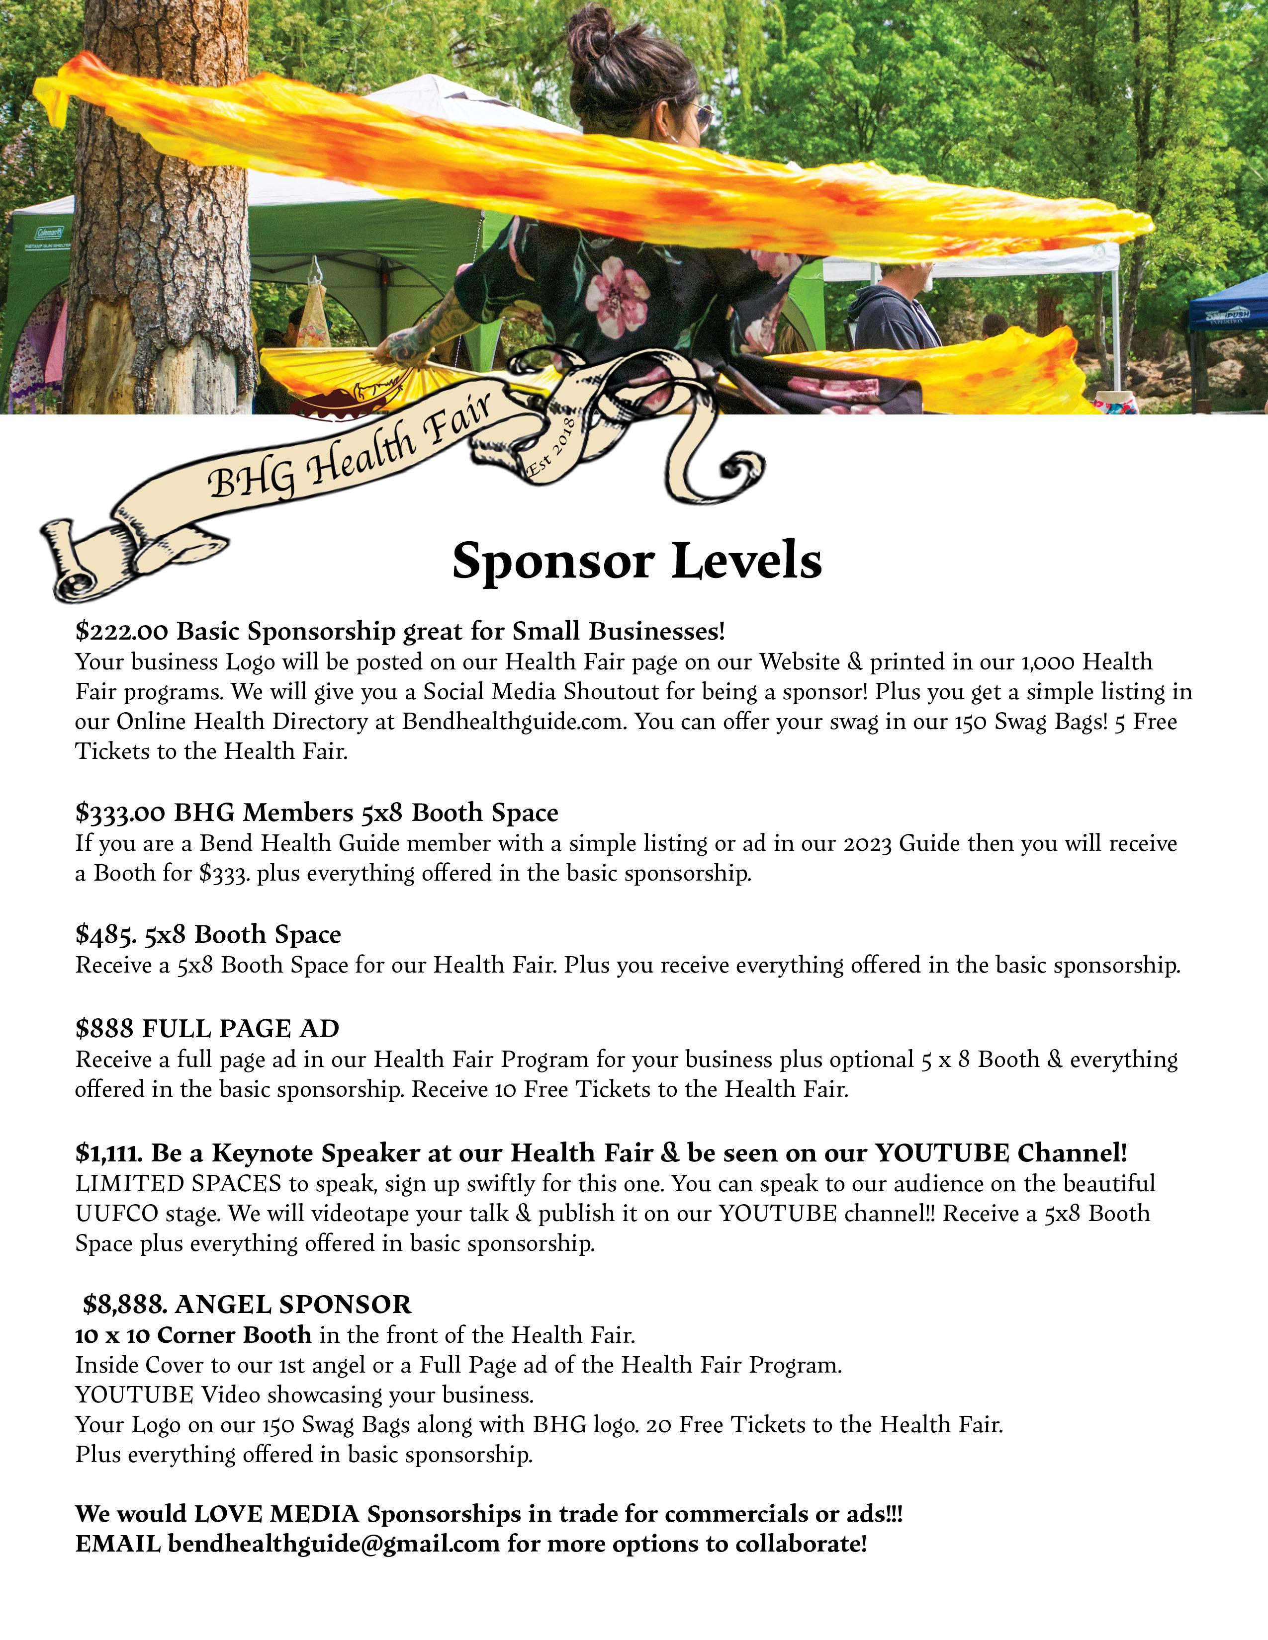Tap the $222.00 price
(x=122, y=631)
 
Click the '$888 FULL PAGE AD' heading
(x=207, y=1028)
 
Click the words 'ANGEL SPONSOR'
(x=293, y=1305)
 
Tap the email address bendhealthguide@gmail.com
(x=334, y=1544)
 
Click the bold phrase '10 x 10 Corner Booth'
(x=193, y=1334)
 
